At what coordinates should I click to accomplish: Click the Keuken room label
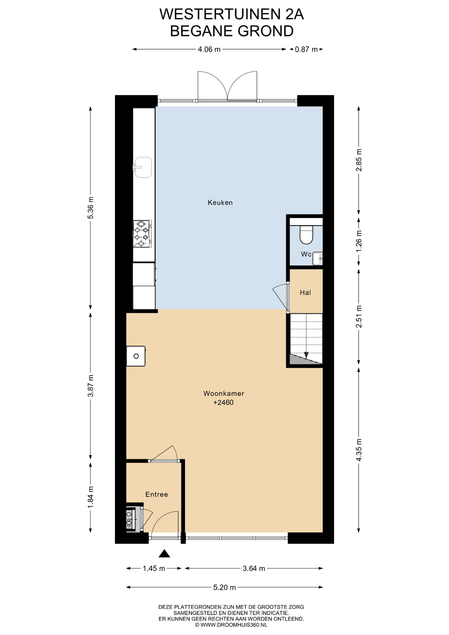pyautogui.click(x=220, y=202)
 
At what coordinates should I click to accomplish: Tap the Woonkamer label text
pyautogui.click(x=224, y=393)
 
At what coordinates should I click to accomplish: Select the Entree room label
pyautogui.click(x=157, y=494)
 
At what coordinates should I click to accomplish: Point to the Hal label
pyautogui.click(x=306, y=292)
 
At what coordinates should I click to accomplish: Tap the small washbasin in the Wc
pyautogui.click(x=318, y=258)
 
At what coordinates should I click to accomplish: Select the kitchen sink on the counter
pyautogui.click(x=143, y=167)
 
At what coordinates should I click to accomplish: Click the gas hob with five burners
pyautogui.click(x=142, y=234)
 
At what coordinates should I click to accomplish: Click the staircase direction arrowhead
pyautogui.click(x=306, y=355)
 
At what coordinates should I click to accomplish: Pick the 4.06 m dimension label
pyautogui.click(x=209, y=49)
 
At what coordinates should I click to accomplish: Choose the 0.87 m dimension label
pyautogui.click(x=306, y=49)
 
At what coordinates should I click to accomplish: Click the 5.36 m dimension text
pyautogui.click(x=91, y=208)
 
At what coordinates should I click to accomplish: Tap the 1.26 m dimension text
pyautogui.click(x=359, y=241)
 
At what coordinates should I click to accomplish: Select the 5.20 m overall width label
pyautogui.click(x=224, y=587)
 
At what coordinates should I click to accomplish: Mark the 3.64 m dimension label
pyautogui.click(x=254, y=569)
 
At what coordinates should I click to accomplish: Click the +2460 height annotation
pyautogui.click(x=224, y=402)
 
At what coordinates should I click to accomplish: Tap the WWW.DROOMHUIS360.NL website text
pyautogui.click(x=234, y=625)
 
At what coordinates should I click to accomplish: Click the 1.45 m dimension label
pyautogui.click(x=154, y=569)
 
